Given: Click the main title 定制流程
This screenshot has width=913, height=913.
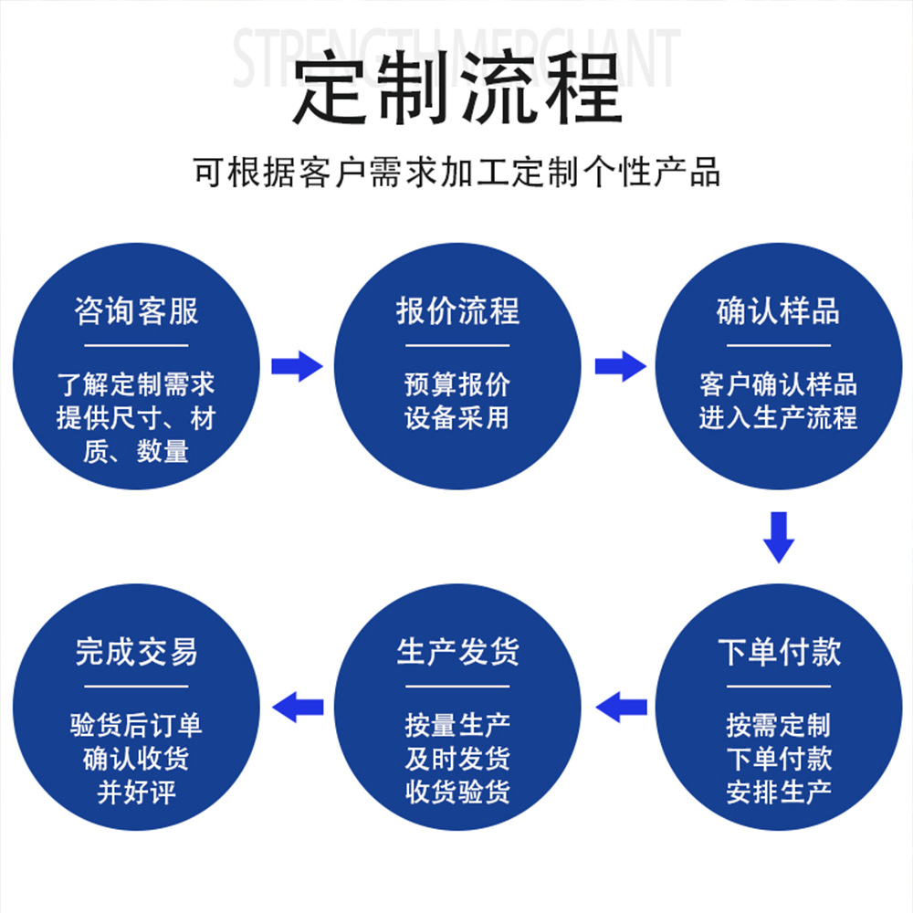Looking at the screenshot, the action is point(456,89).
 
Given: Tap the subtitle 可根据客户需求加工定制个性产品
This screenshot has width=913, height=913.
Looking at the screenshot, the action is point(456,172).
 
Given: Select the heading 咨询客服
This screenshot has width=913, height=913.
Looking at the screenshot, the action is point(136,311).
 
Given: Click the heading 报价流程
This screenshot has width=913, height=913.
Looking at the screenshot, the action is point(457,311).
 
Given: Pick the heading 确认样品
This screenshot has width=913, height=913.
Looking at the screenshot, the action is point(778,311).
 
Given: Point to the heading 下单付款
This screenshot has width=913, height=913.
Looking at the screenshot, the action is point(778,652).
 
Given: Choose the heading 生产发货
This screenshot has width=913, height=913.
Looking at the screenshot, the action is point(457,652).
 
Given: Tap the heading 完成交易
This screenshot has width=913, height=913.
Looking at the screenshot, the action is point(136,652).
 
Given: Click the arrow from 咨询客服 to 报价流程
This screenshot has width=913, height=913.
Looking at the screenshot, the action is point(297,366).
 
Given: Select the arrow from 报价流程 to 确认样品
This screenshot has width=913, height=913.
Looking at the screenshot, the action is point(620,366).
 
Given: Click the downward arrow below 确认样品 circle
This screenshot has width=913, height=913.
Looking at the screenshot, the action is point(779,538).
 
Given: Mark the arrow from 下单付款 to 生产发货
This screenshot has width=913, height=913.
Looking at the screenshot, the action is point(621,706).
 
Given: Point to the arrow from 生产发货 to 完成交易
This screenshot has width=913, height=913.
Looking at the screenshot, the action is point(299,706).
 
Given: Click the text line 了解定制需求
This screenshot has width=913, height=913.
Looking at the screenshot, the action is point(136,384).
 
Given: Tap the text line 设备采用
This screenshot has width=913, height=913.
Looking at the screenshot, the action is point(457,418).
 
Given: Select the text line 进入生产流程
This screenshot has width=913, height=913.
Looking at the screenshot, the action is point(778,418).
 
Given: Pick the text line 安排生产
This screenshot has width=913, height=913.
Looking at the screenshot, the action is point(778,792).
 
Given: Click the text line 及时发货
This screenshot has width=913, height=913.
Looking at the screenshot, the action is point(457,759).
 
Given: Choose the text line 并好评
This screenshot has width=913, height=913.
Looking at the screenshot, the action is point(136,792).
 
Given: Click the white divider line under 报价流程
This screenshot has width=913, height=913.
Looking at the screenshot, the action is point(457,346).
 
